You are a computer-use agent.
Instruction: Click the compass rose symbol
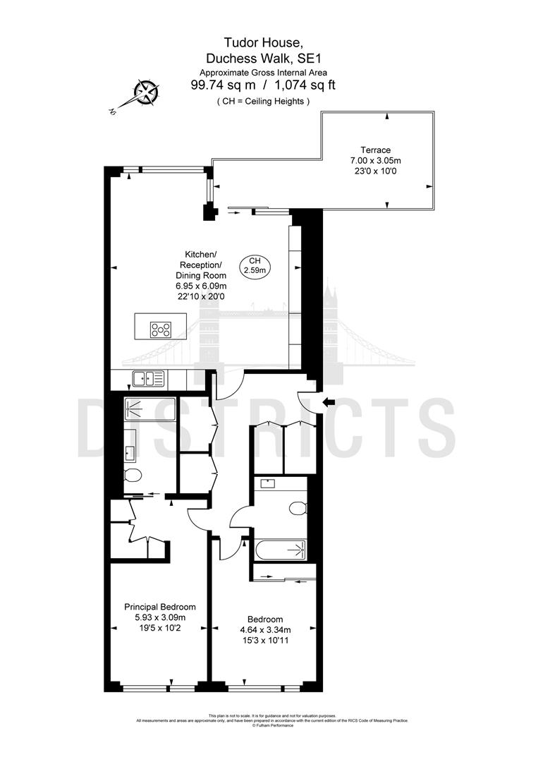[x=147, y=92]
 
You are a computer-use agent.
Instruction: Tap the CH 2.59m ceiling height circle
[x=254, y=265]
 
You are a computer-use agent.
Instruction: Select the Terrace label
[x=375, y=150]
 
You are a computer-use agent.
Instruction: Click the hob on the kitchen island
[x=161, y=328]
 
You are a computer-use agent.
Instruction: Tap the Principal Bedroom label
[x=160, y=607]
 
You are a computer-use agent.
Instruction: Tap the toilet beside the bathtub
[x=298, y=507]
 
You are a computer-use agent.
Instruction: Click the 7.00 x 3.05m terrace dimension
[x=375, y=160]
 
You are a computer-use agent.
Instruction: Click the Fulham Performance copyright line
[x=272, y=725]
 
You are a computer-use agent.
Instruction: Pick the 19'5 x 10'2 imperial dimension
[x=160, y=628]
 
